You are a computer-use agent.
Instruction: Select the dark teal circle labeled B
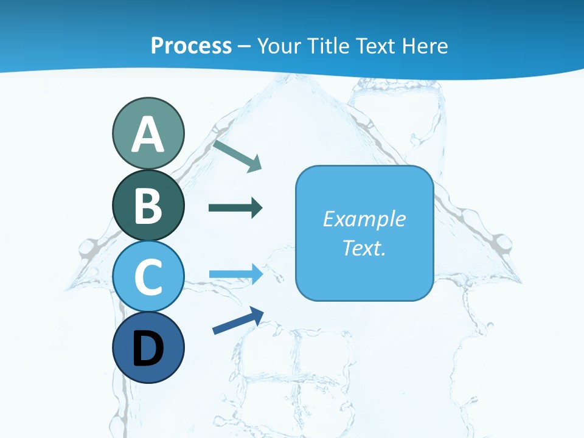(x=148, y=205)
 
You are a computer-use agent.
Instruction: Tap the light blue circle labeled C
(x=148, y=276)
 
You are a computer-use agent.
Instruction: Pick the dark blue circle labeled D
(x=148, y=347)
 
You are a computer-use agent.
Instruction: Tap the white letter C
(x=148, y=277)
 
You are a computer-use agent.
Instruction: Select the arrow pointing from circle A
(x=237, y=155)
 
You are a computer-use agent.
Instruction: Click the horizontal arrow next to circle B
(x=235, y=208)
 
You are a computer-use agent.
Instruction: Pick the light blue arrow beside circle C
(x=236, y=274)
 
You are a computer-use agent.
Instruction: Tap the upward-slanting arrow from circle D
(x=238, y=321)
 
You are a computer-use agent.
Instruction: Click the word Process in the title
(x=191, y=46)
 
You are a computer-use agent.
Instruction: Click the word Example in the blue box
(x=364, y=219)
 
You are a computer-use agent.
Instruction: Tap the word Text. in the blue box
(x=364, y=248)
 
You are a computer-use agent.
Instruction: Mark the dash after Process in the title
(x=244, y=46)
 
